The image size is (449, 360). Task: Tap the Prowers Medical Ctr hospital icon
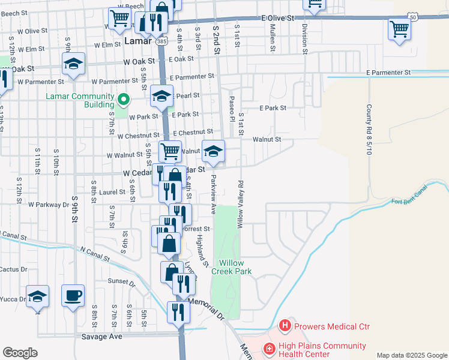tap(285, 326)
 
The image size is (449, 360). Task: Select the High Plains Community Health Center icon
tap(270, 348)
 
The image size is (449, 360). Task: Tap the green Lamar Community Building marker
tap(124, 98)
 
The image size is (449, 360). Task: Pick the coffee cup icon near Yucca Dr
tap(73, 295)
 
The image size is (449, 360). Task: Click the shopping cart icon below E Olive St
tap(399, 28)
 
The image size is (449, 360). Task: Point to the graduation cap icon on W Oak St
tap(73, 64)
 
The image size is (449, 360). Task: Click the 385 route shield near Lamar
tap(160, 41)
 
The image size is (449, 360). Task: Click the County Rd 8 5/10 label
tap(370, 129)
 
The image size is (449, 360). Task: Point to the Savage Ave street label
tap(102, 337)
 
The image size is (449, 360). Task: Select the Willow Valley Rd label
tap(240, 204)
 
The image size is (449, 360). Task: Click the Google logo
tap(20, 353)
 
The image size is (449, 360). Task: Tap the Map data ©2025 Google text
tap(411, 355)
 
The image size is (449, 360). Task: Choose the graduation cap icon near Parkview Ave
tap(213, 151)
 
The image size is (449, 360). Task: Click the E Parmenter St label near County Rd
tap(388, 72)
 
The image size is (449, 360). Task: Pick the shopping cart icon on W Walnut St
tap(170, 151)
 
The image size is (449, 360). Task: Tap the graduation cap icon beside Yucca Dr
tap(37, 296)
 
